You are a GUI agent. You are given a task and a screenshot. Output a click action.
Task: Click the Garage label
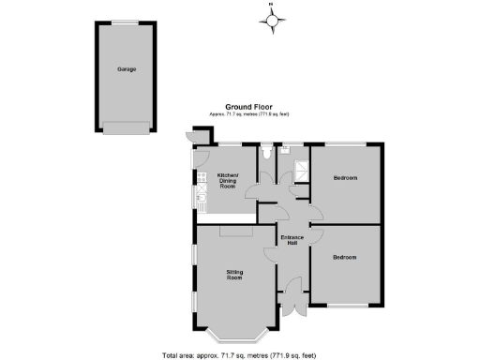127,69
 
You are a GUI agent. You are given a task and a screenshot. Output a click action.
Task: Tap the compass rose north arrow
273,19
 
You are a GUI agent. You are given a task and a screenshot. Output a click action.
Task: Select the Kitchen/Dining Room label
228,181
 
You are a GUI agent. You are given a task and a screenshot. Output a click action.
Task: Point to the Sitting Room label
234,275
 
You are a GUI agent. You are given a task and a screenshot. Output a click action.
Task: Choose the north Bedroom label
346,177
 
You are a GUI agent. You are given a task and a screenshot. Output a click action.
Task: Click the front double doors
293,302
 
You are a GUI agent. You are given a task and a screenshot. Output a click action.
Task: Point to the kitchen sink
201,197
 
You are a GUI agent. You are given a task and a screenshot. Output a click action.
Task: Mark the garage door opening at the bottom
127,129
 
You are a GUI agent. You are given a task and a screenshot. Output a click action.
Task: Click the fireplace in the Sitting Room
232,230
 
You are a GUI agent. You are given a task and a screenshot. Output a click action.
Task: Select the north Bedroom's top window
346,143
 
